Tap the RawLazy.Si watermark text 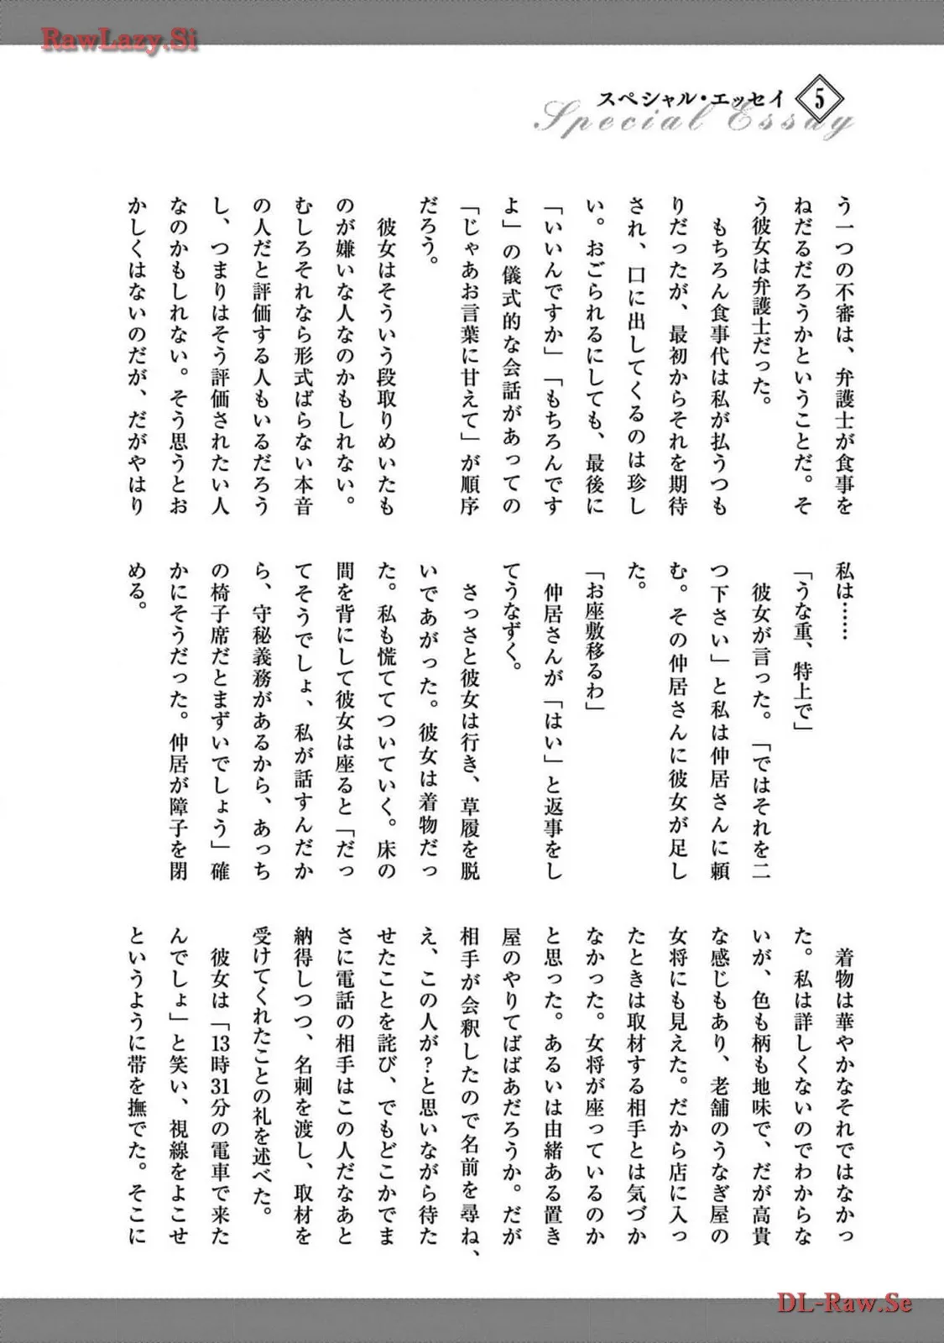119,39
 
